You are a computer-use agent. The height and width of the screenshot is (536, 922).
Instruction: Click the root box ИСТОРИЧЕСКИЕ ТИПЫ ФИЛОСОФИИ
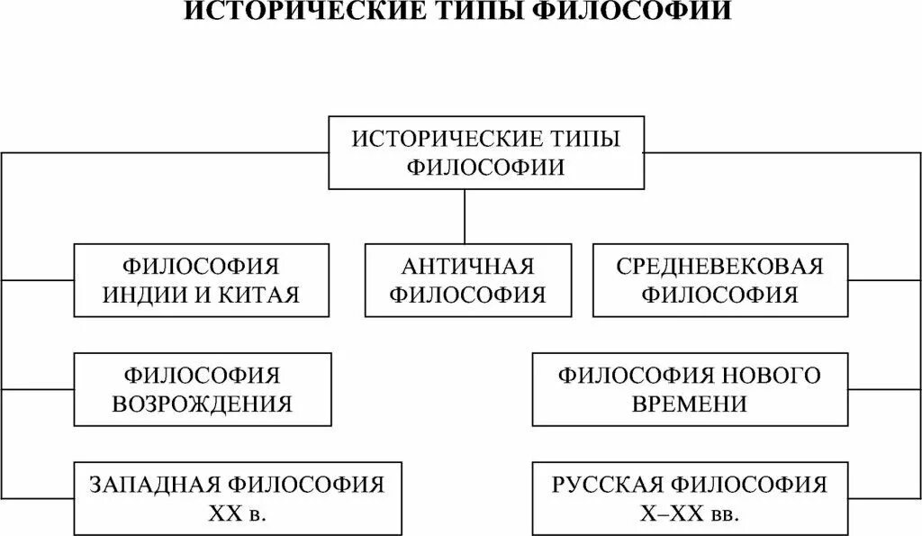tap(486, 152)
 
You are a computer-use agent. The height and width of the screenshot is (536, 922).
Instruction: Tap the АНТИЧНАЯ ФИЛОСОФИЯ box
tap(468, 280)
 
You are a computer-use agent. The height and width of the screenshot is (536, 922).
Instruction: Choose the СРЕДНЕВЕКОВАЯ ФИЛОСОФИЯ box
tap(720, 280)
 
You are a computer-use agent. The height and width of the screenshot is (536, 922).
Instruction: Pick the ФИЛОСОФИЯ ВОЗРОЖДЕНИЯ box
tap(202, 389)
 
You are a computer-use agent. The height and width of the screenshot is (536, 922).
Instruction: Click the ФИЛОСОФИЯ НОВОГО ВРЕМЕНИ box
tap(690, 389)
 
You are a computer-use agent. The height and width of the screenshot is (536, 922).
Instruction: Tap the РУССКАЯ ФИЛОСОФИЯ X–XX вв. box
tap(690, 498)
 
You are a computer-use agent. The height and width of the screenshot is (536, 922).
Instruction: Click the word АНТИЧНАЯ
tap(468, 267)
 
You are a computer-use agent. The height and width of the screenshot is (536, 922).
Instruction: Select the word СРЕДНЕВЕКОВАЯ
tap(720, 267)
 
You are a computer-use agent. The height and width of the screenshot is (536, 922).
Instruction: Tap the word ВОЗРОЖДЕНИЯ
tap(202, 403)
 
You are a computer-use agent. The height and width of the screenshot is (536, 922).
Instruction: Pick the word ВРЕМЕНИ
tap(690, 403)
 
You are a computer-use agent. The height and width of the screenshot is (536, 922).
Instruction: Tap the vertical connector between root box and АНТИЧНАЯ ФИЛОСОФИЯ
tap(465, 216)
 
